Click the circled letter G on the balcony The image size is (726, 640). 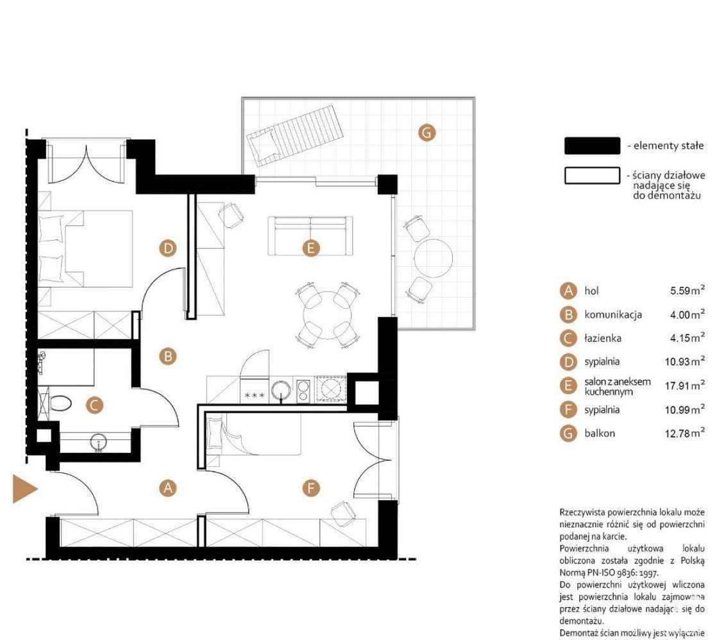426,133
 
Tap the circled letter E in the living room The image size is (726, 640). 310,249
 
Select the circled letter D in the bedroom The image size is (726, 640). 168,248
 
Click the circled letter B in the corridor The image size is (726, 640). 167,356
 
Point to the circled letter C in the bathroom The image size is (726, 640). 94,405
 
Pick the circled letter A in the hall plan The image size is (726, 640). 167,488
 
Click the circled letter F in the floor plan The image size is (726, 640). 310,489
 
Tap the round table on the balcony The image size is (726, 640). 434,258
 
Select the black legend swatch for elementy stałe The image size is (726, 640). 591,146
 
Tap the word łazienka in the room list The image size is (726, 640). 602,338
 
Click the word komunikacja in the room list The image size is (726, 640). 613,315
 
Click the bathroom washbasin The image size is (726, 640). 99,441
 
